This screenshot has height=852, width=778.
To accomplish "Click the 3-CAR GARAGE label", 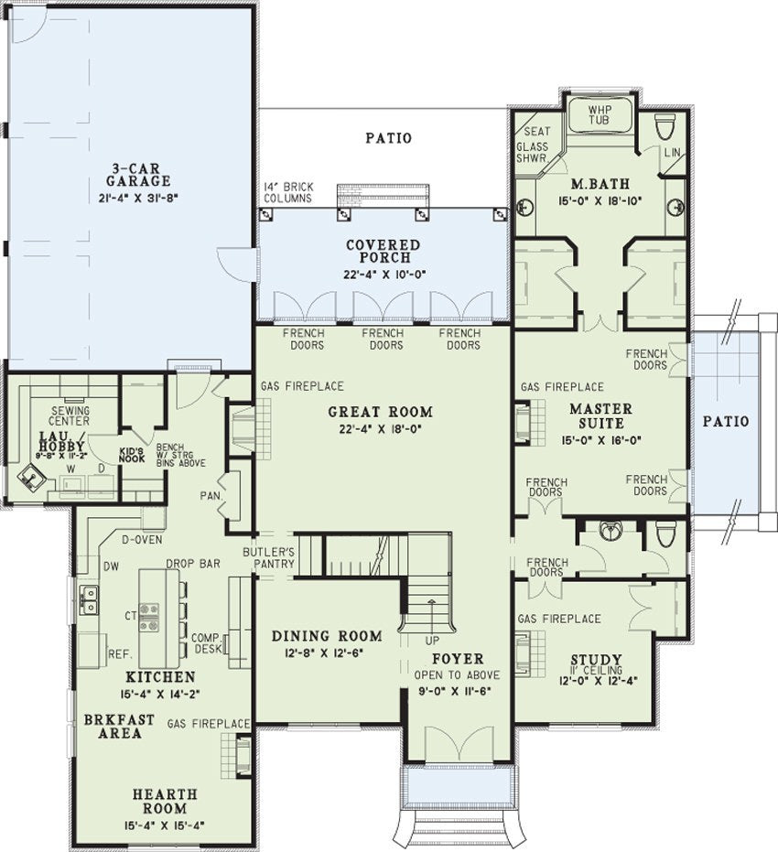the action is click(x=138, y=175).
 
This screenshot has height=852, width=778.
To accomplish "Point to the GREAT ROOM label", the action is click(x=381, y=412).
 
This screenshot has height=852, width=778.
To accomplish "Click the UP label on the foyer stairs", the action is click(x=432, y=641).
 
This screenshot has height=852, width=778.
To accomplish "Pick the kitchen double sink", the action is click(x=88, y=599).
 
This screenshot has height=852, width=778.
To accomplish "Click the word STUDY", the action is click(x=597, y=660).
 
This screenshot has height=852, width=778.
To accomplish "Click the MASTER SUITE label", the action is click(x=600, y=415).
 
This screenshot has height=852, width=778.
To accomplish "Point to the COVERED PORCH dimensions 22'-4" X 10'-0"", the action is click(x=384, y=275).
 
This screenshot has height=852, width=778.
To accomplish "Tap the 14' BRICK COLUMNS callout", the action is click(x=288, y=192).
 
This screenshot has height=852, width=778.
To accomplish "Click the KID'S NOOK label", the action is click(x=132, y=454).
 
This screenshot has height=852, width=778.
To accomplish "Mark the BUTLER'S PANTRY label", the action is click(x=268, y=558).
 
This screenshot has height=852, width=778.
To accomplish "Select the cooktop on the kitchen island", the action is click(x=148, y=617).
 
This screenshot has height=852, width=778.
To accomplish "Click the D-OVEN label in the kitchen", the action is click(x=141, y=540).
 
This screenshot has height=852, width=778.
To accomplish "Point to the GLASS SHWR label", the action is click(x=532, y=152).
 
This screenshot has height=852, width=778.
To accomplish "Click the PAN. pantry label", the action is click(x=210, y=496).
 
